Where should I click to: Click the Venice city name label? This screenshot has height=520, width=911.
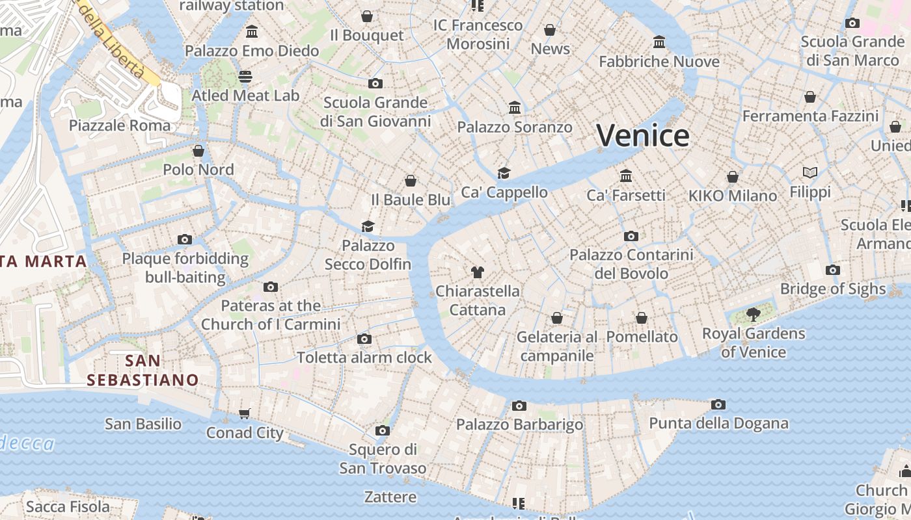[x=643, y=136]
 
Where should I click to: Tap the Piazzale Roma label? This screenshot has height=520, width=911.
[x=120, y=125]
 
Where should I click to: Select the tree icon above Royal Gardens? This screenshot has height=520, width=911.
[x=754, y=315]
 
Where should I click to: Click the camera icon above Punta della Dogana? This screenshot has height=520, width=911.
[x=718, y=404]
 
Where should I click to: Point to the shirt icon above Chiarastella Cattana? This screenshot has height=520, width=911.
[x=478, y=272]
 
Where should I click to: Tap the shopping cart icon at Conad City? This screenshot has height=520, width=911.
[x=245, y=413]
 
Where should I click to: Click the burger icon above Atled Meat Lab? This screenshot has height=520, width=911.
[x=245, y=77]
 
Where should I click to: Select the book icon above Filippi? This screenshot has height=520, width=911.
[x=810, y=172]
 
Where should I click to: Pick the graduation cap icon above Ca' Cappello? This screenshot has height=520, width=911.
[x=504, y=173]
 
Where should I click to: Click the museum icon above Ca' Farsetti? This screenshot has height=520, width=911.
[x=626, y=175]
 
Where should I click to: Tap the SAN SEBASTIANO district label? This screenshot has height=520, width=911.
[x=143, y=370]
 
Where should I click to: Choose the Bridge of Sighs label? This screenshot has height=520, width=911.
[x=833, y=289]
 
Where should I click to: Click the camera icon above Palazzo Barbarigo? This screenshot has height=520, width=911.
[x=519, y=406]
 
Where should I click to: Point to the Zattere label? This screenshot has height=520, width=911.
[x=390, y=497]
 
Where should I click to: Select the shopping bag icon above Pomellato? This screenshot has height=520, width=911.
[x=642, y=318]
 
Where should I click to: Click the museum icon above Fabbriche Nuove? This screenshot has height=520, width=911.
[x=659, y=42]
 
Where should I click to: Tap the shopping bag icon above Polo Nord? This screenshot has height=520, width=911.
[x=198, y=151]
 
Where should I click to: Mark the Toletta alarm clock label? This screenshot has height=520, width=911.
[x=364, y=357]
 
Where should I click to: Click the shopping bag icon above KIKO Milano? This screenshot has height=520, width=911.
[x=733, y=177]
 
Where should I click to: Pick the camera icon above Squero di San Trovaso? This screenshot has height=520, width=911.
[x=383, y=430]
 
